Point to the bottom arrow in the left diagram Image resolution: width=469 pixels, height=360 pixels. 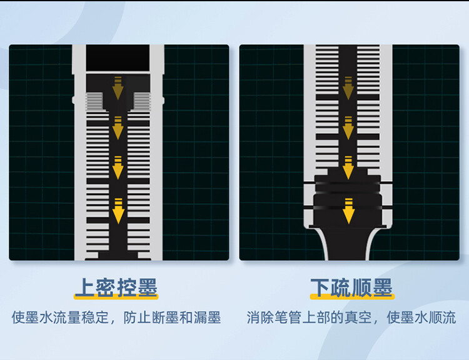[118, 211]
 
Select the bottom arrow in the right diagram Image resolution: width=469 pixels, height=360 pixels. [348, 211]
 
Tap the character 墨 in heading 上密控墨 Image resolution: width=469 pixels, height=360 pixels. [147, 288]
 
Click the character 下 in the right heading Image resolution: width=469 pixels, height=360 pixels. [321, 288]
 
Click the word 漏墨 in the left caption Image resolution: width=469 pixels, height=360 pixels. [207, 317]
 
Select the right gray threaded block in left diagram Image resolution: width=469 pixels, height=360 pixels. [142, 99]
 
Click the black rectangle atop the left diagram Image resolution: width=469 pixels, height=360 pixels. [118, 57]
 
